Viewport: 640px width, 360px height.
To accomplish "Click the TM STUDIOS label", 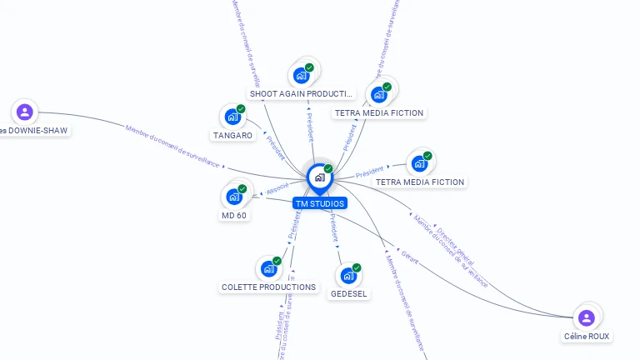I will click(x=319, y=203).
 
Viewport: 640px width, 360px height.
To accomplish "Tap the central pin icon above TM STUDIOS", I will click(x=319, y=177).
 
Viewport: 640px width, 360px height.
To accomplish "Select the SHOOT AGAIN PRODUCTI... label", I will click(x=302, y=94).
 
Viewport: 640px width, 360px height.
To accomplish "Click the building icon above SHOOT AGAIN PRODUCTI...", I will click(x=302, y=75).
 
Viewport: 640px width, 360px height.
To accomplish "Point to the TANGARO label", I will click(x=232, y=135).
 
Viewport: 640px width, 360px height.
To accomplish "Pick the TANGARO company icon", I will click(x=232, y=117).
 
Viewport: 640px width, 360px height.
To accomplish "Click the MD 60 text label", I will click(x=234, y=215).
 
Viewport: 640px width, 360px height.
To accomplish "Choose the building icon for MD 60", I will click(x=234, y=197).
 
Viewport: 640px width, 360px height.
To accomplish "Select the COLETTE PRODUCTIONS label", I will click(x=268, y=287).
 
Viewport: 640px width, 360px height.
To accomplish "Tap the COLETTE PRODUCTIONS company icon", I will click(x=268, y=268).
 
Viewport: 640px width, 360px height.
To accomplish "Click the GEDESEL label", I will click(x=349, y=293).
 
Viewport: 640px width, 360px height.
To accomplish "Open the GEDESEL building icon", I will click(x=348, y=275).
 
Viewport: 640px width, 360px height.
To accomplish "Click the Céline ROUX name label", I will click(x=587, y=337).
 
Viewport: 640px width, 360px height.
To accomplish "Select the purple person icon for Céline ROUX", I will click(x=587, y=317).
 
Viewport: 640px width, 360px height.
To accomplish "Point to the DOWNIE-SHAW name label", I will click(x=34, y=130).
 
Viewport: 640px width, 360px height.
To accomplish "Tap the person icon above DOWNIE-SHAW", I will click(x=25, y=111).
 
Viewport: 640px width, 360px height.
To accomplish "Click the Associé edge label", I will click(x=277, y=188).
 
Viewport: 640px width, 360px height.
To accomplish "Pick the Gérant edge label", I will click(x=408, y=256).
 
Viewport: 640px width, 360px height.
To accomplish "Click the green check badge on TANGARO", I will click(x=241, y=109).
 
